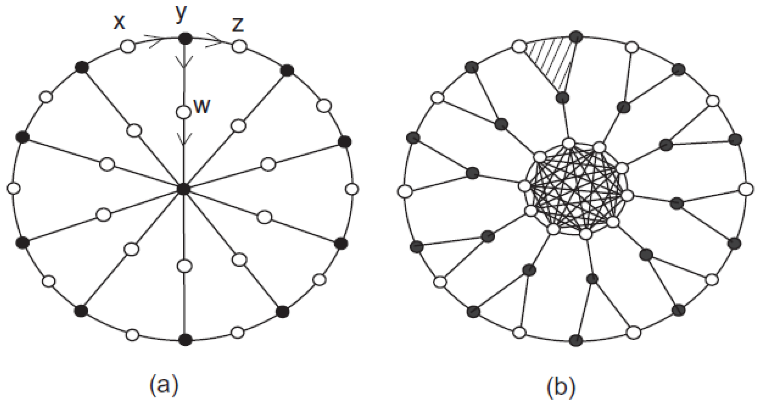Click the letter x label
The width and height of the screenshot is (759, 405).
tap(119, 22)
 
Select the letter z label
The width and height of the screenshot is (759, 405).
tap(238, 24)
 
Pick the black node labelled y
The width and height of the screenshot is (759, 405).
tap(185, 38)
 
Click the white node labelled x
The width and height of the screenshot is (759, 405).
tap(128, 47)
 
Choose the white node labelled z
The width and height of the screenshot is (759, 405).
tap(239, 47)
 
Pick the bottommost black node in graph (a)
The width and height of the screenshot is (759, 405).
tap(185, 339)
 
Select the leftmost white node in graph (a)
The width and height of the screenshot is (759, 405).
tap(14, 189)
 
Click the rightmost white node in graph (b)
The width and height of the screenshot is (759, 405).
tap(746, 190)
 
